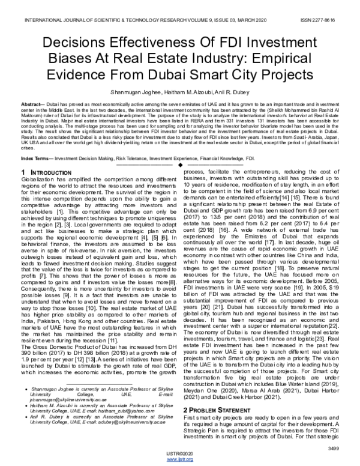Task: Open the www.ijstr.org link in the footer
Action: (x=181, y=458)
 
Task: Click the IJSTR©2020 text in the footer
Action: (x=181, y=452)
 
